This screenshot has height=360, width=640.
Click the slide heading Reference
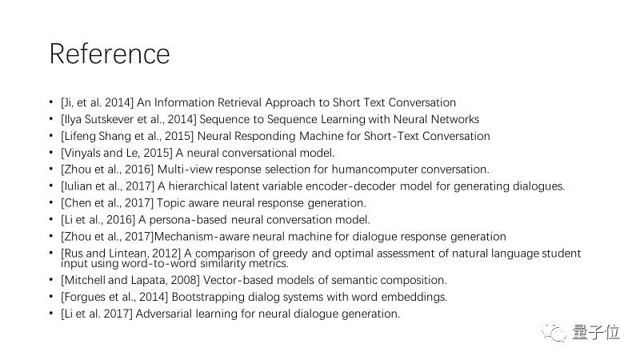(110, 54)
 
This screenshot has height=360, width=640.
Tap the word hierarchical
(198, 186)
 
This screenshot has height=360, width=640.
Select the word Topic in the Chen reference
(169, 203)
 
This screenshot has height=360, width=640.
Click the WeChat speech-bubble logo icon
(554, 333)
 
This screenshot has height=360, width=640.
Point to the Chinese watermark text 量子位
(596, 332)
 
